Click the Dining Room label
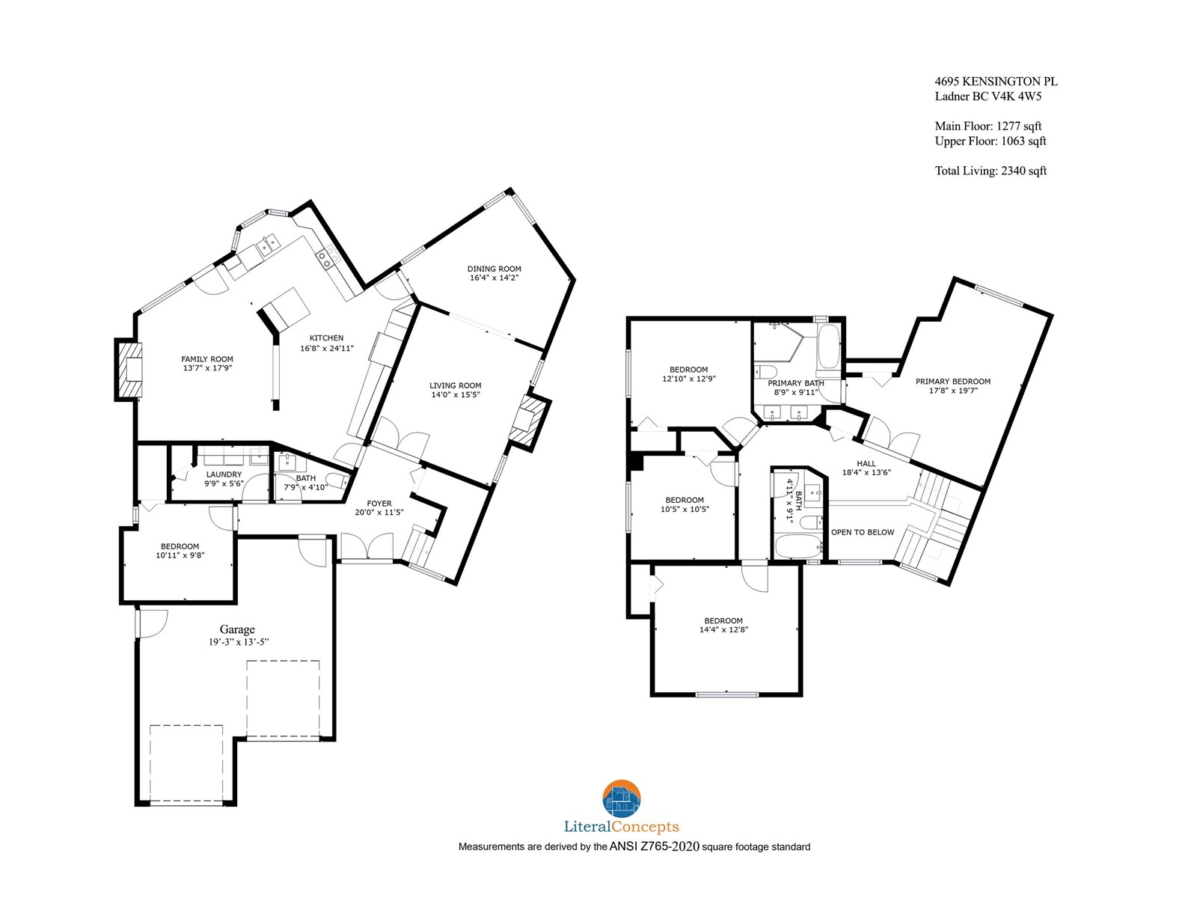494,269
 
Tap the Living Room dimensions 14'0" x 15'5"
456,395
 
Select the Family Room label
207,359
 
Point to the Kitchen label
327,338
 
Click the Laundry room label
224,474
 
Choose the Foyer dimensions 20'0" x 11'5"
379,513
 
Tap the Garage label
237,629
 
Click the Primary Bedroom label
952,382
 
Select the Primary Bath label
796,383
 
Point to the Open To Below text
862,532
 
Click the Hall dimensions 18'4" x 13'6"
866,473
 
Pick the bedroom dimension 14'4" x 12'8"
723,630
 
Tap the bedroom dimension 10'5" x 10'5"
685,510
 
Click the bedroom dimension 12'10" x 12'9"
689,379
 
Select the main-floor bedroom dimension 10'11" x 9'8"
180,555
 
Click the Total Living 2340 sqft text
991,171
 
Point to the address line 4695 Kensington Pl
996,82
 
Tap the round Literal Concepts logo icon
621,798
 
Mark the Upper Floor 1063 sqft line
991,141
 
